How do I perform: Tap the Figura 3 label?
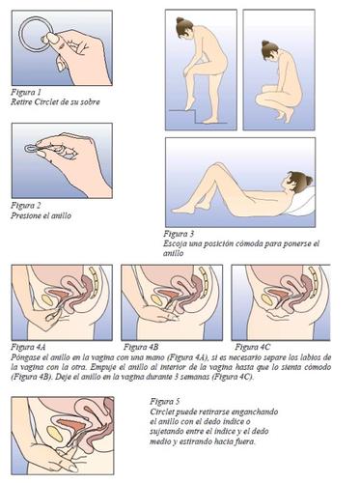coord(179,234)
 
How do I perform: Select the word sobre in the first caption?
coord(90,102)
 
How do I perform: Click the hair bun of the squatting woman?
coord(264,43)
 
